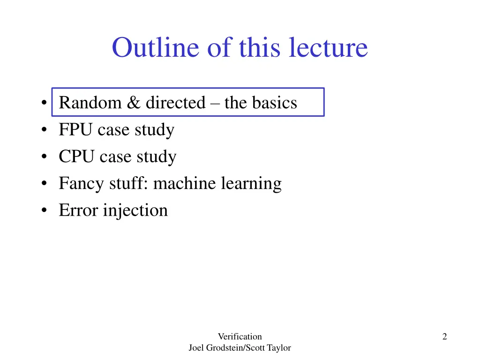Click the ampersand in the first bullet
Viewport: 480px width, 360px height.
133,103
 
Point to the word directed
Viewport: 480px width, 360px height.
175,103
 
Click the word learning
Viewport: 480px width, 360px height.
252,184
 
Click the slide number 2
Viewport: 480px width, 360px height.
444,336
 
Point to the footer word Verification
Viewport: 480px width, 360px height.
240,336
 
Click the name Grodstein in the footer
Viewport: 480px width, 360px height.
225,348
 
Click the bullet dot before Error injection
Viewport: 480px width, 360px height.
44,211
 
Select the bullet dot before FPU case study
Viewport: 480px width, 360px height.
44,130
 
